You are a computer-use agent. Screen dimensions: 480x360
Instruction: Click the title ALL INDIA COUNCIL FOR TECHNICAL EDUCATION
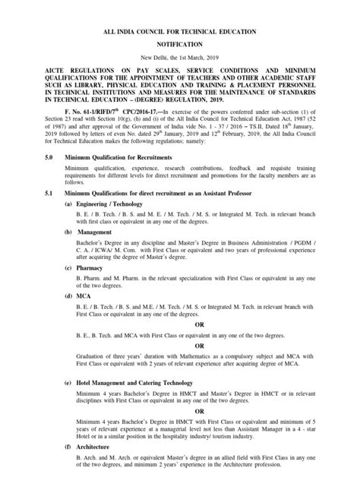180,29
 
